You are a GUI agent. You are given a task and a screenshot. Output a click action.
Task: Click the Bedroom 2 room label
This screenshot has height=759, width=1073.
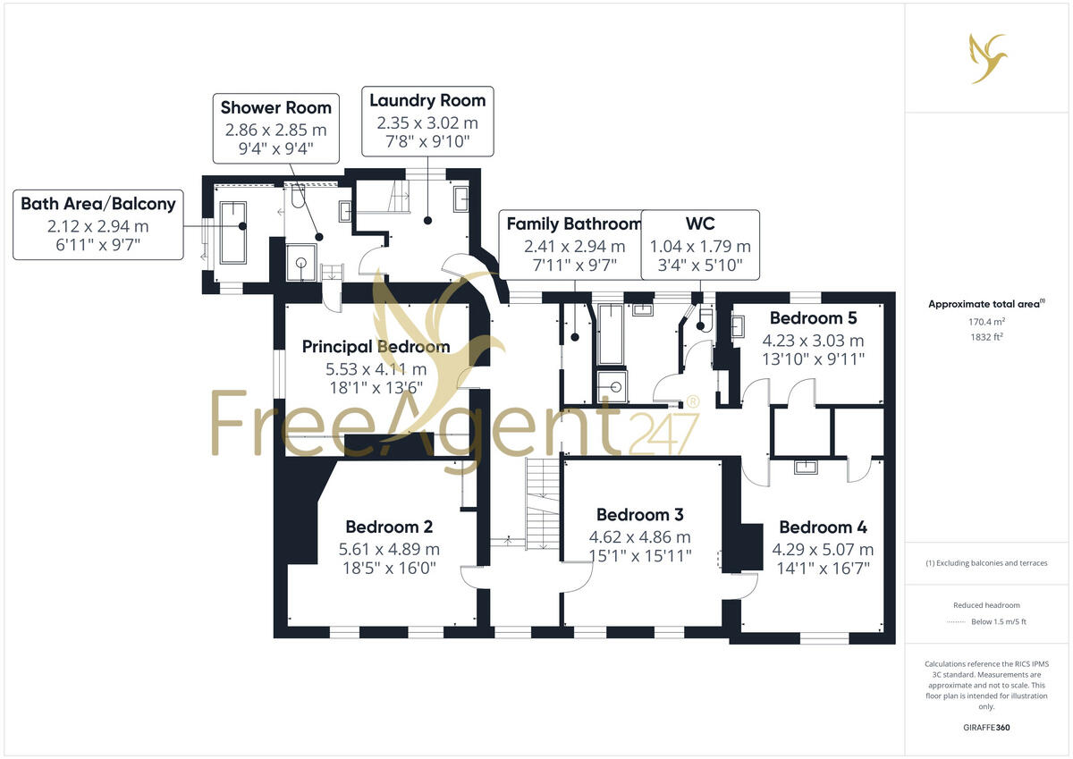[383, 527]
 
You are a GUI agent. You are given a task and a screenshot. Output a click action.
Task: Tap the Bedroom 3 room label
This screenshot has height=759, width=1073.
[639, 514]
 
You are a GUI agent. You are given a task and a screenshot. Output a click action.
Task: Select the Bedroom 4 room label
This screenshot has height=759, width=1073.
[823, 527]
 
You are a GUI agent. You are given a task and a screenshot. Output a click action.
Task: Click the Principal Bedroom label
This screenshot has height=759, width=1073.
[376, 347]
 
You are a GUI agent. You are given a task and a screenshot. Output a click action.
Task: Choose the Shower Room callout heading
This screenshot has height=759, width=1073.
[276, 108]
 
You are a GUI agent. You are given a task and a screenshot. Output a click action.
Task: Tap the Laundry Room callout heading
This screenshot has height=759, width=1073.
[427, 100]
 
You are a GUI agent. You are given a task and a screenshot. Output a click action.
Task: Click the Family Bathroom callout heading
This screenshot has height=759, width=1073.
[574, 223]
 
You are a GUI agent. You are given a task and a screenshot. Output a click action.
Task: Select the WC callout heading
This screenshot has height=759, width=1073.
[700, 223]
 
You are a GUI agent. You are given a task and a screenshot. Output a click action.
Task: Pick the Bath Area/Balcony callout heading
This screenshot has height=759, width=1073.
[98, 204]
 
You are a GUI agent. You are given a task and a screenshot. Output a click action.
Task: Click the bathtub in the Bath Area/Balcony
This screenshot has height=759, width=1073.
[233, 232]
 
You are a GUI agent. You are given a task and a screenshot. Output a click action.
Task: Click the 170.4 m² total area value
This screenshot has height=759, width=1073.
[987, 322]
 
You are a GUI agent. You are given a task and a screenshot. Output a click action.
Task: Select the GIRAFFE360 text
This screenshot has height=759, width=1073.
[987, 728]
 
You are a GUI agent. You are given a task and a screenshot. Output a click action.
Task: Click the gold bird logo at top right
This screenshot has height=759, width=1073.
[988, 58]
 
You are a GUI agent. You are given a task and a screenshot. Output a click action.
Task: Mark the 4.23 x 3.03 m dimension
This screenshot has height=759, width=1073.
[813, 341]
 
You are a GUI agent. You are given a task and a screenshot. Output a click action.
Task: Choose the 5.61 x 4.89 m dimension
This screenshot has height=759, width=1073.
[389, 549]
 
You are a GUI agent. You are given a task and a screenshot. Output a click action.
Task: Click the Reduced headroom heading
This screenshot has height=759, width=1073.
[987, 605]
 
